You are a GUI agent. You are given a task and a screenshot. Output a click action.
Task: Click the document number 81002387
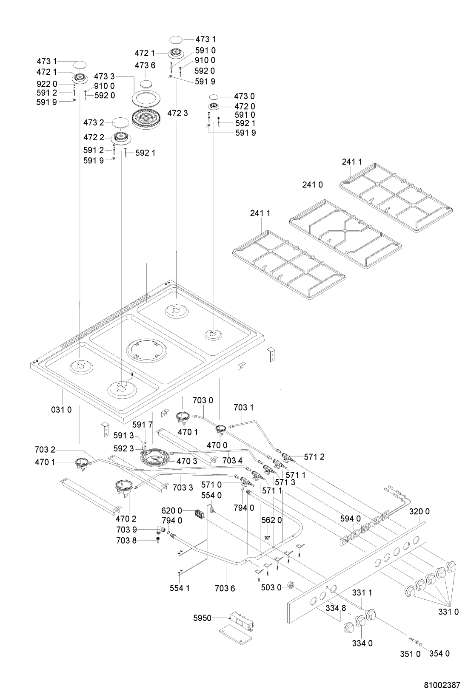442,685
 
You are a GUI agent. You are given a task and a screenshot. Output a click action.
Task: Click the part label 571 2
314,457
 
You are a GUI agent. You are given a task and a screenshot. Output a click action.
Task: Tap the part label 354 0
439,653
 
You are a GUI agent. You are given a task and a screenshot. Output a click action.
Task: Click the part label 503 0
271,587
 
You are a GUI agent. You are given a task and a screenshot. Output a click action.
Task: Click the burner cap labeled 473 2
120,123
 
